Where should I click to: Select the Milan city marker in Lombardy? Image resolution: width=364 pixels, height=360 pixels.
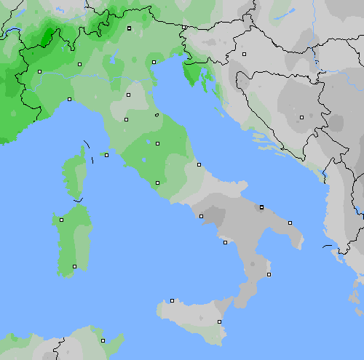click(79, 64)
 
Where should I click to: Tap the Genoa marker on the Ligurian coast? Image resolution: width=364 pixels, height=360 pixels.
click(69, 99)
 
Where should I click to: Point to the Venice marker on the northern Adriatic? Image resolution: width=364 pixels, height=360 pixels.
click(154, 62)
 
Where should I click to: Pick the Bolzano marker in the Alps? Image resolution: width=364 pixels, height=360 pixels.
click(129, 28)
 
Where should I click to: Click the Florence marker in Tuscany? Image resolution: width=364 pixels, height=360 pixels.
click(128, 94)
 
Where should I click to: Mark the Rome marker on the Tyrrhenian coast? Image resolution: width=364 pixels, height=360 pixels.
click(158, 183)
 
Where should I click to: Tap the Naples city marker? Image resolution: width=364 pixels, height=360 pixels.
click(201, 216)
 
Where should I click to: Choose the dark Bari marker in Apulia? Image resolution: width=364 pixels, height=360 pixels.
click(261, 207)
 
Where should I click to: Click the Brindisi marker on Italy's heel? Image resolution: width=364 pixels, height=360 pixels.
click(290, 223)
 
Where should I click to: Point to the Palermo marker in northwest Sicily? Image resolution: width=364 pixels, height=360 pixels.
click(172, 300)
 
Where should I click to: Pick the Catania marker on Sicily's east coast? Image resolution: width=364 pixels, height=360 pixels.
click(219, 321)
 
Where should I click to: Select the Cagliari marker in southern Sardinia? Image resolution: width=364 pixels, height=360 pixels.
click(74, 266)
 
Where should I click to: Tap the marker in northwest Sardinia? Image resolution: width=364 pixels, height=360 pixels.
click(61, 219)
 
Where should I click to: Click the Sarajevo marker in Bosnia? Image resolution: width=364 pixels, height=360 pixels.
click(301, 116)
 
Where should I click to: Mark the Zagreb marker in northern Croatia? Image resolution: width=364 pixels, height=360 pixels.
click(245, 54)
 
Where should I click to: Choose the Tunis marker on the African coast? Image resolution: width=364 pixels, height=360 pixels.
click(103, 340)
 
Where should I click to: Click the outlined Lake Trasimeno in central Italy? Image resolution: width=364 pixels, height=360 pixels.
click(157, 115)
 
